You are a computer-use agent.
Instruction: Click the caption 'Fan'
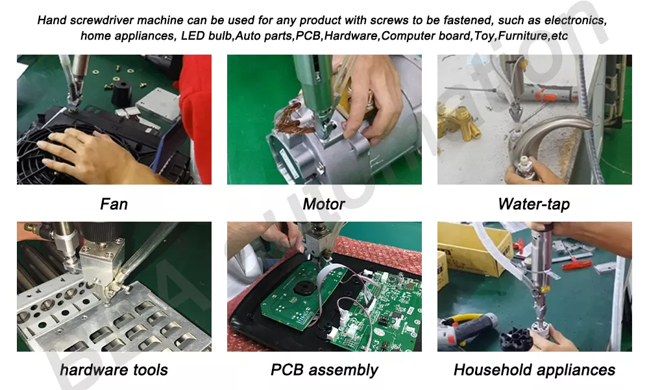114,204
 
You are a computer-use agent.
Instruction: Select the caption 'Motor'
324,204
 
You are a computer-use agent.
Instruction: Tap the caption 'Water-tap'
533,204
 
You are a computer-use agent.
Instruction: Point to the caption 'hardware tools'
114,370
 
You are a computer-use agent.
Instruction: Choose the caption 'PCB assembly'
324,370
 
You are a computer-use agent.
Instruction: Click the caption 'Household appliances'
534,370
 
